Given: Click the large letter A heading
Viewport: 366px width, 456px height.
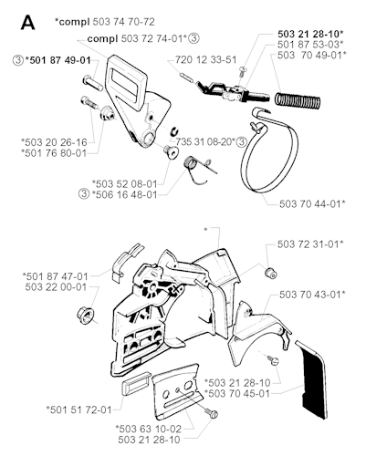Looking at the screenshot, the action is [27, 23].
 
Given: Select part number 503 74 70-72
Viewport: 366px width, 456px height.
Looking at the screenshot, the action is [123, 22].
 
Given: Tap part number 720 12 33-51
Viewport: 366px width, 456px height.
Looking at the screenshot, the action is [205, 59].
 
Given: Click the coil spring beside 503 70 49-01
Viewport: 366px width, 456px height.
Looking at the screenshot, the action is [298, 100].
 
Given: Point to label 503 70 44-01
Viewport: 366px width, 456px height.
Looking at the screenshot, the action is [312, 203].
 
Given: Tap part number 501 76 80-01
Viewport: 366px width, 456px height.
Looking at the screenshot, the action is [54, 152].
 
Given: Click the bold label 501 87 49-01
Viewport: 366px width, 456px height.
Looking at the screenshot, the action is [58, 60].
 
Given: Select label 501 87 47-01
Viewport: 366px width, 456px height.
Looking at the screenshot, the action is [56, 276].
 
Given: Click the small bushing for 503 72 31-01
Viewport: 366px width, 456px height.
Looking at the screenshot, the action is [270, 273].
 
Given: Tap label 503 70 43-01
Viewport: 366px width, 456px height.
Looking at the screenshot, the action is [312, 295].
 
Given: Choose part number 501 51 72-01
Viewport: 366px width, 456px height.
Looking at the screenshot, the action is [78, 409].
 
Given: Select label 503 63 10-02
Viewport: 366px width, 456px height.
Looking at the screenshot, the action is [149, 429].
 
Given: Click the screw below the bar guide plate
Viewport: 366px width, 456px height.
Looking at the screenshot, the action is [212, 413].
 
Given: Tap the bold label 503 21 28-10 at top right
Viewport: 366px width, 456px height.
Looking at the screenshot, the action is [310, 34].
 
